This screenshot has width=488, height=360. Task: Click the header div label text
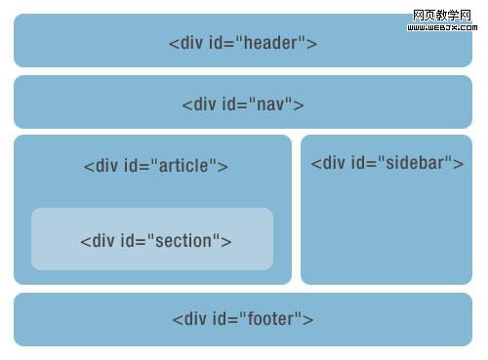[x=243, y=43]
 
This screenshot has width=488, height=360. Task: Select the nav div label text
[x=243, y=104]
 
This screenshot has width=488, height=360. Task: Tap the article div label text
[x=156, y=166]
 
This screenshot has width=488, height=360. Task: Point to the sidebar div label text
[x=386, y=163]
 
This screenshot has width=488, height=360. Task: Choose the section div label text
[x=156, y=241]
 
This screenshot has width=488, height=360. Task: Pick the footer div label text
[x=243, y=319]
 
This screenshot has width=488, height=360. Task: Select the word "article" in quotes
[x=186, y=166]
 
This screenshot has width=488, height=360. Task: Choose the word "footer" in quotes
[x=272, y=319]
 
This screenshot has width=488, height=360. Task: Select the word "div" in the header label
[x=192, y=43]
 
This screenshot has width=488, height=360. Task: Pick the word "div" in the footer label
[x=196, y=319]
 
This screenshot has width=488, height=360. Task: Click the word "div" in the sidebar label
[x=335, y=163]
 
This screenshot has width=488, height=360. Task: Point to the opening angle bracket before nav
[x=186, y=105]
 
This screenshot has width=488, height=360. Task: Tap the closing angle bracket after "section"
[x=226, y=242]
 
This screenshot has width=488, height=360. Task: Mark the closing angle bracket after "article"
[x=224, y=167]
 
